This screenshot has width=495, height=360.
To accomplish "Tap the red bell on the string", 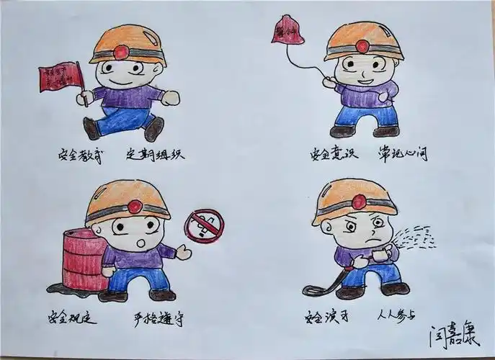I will pos(287,30).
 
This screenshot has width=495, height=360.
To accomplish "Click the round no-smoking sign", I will pos(205,225).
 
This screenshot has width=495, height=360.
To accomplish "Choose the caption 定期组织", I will pos(155,153).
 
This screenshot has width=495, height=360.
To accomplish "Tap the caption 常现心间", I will pos(402,153).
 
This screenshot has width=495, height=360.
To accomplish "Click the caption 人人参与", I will pos(396,315).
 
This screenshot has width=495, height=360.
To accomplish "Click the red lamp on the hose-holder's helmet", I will pos(358,202).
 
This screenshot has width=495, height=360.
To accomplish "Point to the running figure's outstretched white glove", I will pos(170,97).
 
